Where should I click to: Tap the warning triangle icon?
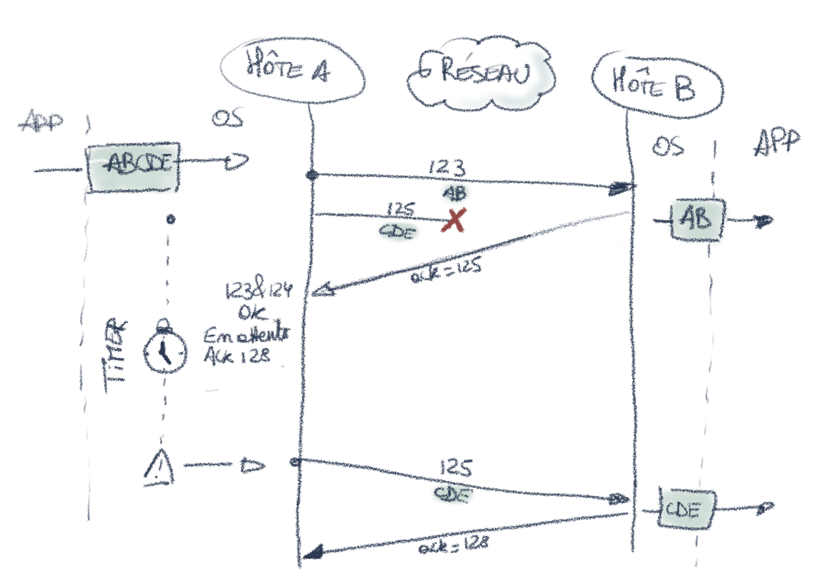pyautogui.click(x=158, y=468)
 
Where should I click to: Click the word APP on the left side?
pyautogui.click(x=43, y=123)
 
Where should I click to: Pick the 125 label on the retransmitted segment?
pyautogui.click(x=455, y=469)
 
